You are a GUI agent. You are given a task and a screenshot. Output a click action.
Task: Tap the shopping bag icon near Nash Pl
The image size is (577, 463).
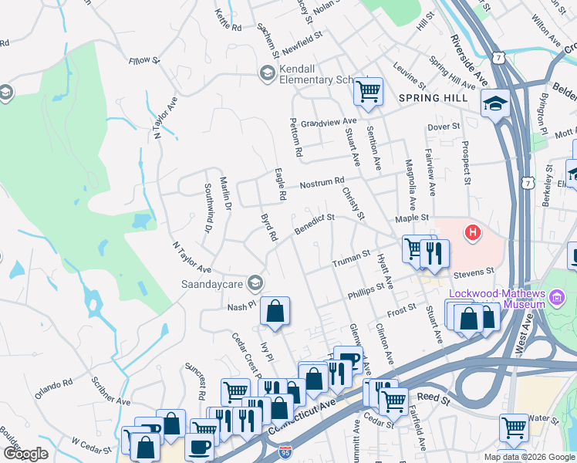click(275, 312)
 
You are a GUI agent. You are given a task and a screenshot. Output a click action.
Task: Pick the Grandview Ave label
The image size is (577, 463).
click(329, 122)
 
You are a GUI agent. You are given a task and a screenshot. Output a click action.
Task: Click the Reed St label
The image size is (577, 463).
click(434, 398)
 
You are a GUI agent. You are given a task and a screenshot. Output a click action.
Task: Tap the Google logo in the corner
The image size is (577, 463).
click(26, 454)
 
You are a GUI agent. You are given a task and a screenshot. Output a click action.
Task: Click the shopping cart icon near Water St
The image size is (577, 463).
click(513, 427)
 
